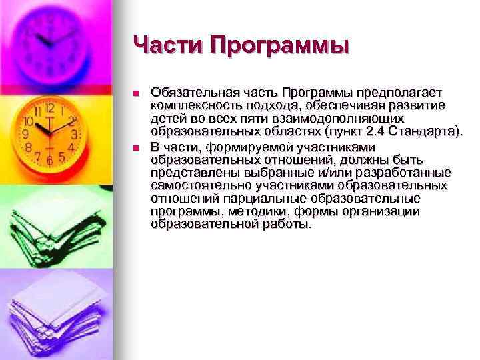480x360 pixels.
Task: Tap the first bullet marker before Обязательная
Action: point(135,93)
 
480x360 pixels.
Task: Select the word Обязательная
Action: point(193,93)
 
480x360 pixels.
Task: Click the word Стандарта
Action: point(419,131)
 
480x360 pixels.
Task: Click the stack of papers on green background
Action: point(47,220)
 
